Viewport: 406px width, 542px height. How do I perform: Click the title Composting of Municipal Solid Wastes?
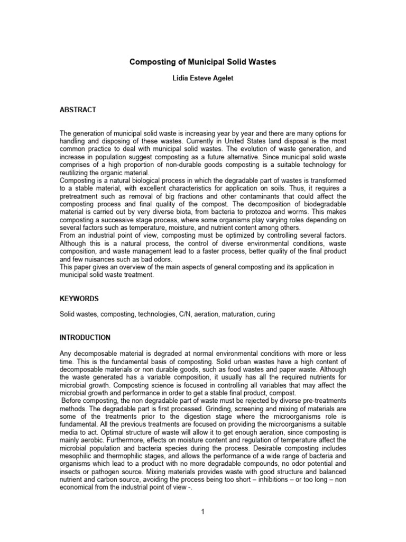[203, 62]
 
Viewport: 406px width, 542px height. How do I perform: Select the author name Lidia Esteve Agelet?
[203, 78]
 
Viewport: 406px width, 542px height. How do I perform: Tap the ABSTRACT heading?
[78, 110]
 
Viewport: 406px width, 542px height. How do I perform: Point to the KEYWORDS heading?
[79, 299]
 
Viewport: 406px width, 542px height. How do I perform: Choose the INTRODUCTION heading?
[85, 337]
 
